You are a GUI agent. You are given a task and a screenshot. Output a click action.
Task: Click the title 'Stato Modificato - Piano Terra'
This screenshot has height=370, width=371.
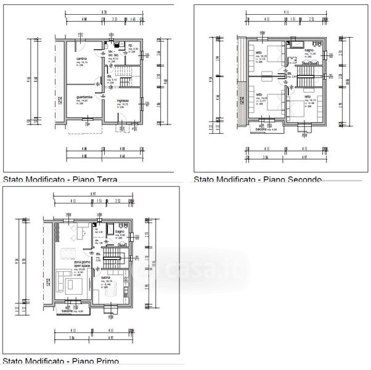point(60,180)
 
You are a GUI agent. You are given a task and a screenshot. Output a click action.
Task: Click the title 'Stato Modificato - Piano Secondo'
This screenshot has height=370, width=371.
point(257,179)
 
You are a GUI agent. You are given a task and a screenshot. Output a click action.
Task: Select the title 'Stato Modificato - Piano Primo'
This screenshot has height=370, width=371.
point(62,361)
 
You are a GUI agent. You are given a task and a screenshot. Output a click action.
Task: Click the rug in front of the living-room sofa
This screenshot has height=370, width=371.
point(75,284)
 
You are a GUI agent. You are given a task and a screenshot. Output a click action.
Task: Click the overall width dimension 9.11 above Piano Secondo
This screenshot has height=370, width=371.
point(285,11)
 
